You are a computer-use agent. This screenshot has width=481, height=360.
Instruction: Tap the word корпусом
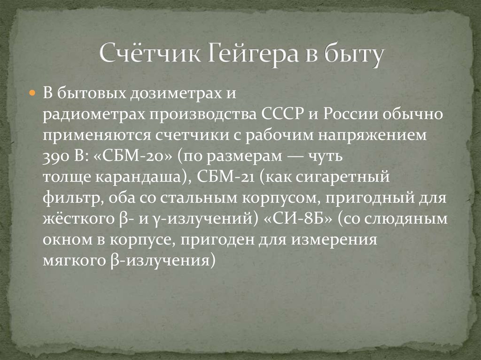[x=281, y=198]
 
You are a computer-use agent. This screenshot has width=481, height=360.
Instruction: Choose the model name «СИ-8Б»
[x=299, y=219]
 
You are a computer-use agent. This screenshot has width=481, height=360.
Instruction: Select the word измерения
[x=336, y=239]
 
